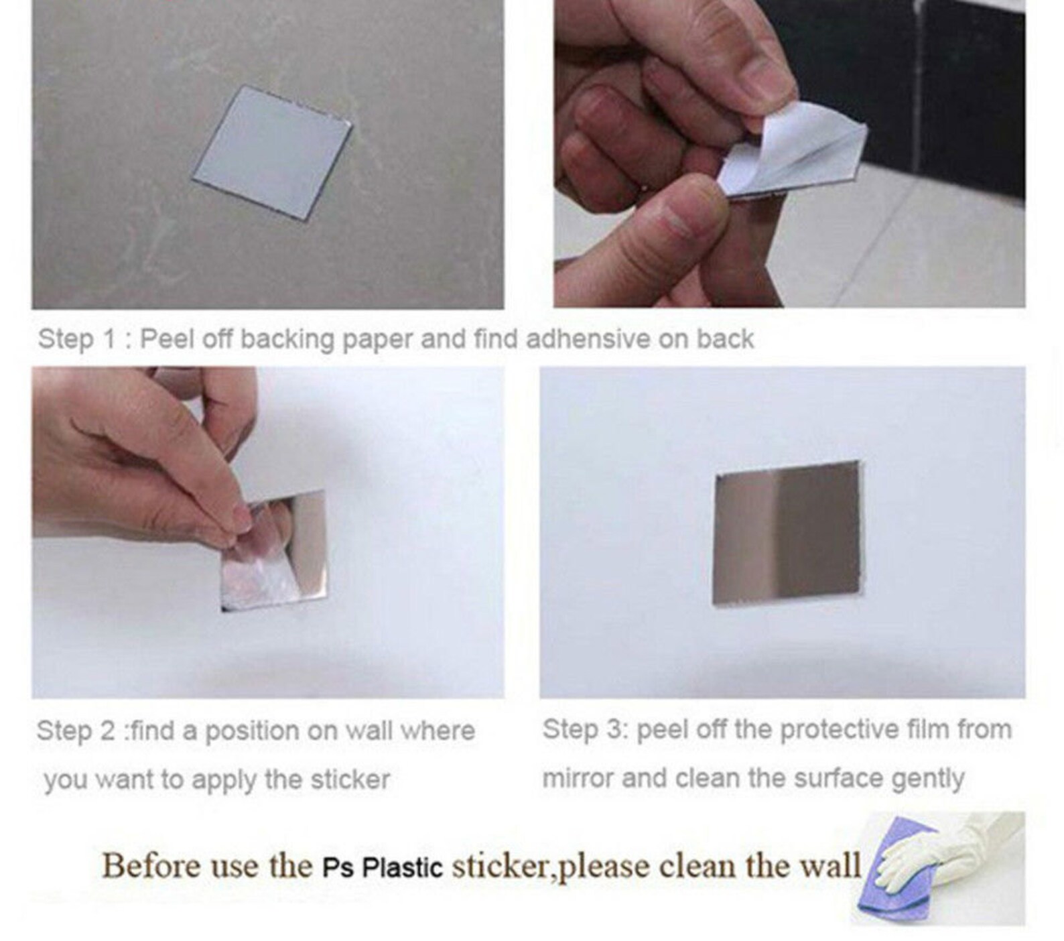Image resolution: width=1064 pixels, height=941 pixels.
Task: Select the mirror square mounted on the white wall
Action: [787, 532]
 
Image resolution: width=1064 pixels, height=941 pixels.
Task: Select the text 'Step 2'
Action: [75, 731]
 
